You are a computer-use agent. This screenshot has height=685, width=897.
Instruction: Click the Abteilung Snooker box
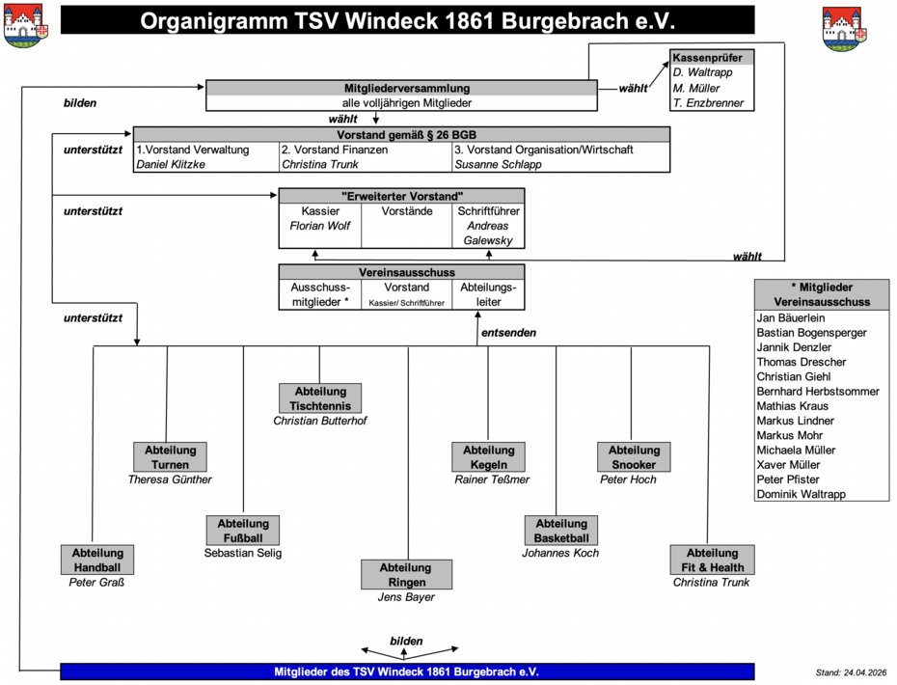click(x=634, y=456)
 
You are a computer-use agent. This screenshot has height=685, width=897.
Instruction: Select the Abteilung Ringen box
click(x=406, y=575)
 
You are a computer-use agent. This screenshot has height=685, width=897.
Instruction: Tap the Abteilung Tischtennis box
click(x=320, y=398)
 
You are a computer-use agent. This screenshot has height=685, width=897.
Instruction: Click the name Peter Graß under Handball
click(x=96, y=583)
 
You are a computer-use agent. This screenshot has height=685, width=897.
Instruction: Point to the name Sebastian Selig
click(x=242, y=553)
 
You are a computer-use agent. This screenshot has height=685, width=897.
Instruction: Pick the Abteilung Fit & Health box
click(x=712, y=560)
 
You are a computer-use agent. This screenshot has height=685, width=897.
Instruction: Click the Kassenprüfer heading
click(x=707, y=58)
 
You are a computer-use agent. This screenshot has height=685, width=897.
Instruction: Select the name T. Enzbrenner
click(x=708, y=103)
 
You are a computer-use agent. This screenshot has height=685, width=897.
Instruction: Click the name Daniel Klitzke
click(x=171, y=164)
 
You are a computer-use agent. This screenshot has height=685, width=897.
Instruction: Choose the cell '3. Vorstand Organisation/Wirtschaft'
click(x=543, y=150)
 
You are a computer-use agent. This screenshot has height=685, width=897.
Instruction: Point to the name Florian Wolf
click(x=320, y=226)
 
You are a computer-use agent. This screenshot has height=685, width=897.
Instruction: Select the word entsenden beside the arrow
click(x=508, y=333)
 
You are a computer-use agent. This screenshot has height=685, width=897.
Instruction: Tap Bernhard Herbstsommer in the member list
click(x=818, y=392)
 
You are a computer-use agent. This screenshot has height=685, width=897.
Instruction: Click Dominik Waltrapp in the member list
click(x=801, y=494)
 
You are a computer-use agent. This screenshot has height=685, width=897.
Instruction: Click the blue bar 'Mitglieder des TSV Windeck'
click(x=407, y=671)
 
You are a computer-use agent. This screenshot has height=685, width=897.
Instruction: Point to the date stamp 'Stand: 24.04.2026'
click(x=851, y=672)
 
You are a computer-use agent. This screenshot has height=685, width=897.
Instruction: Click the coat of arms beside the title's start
click(x=25, y=26)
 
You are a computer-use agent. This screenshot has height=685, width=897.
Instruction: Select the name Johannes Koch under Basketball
click(x=560, y=553)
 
